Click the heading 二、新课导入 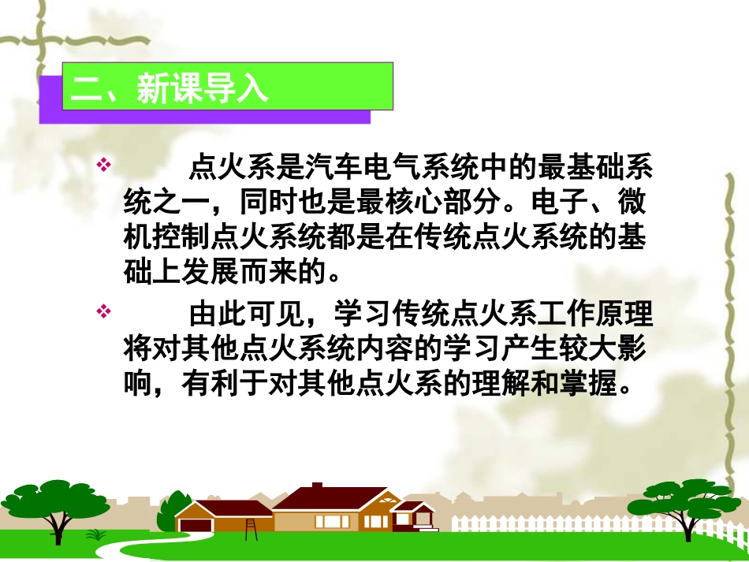click(x=170, y=89)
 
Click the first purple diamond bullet click(x=101, y=166)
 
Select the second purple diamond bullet click(x=101, y=313)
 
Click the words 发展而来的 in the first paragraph click(x=255, y=276)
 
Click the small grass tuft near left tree click(x=96, y=534)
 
